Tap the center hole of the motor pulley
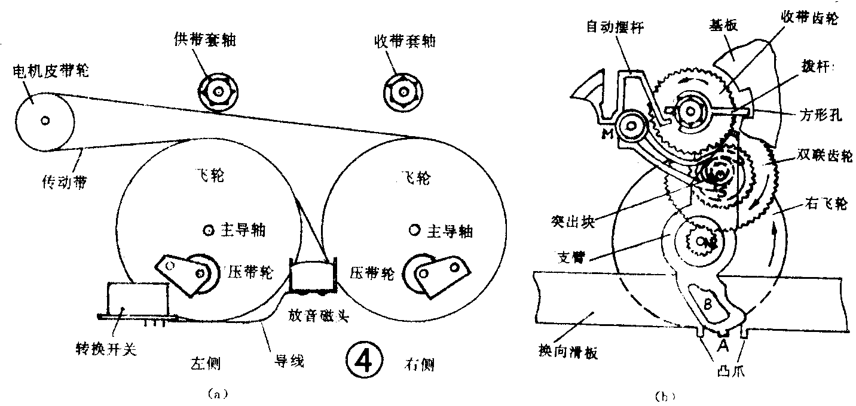(44, 120)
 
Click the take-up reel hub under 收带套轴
(404, 91)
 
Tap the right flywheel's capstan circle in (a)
(412, 230)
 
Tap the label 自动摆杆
(611, 26)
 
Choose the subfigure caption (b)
(662, 395)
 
